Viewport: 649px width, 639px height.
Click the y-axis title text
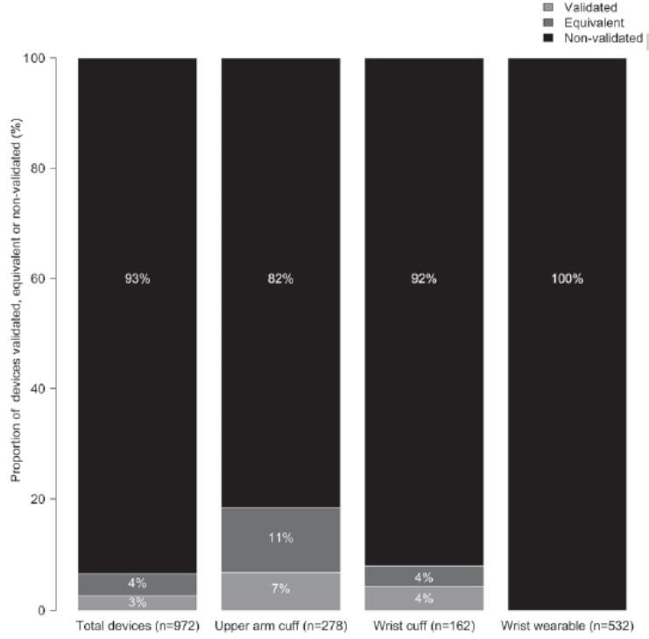tap(17, 333)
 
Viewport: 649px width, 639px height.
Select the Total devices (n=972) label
tap(138, 626)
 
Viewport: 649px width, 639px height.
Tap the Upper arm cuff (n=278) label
tap(280, 626)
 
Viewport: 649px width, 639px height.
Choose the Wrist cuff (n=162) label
tap(424, 626)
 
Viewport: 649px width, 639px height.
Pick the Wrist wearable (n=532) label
tap(567, 626)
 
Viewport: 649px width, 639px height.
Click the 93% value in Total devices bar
tap(138, 280)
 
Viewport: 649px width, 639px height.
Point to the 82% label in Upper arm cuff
tap(280, 280)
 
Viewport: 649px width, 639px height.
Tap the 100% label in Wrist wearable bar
tap(567, 280)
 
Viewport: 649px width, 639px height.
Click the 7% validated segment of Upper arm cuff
tap(280, 589)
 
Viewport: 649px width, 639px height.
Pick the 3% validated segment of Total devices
tap(138, 602)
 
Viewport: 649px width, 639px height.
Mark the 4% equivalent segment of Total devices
tap(138, 584)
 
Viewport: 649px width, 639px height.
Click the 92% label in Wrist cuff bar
tap(424, 280)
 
